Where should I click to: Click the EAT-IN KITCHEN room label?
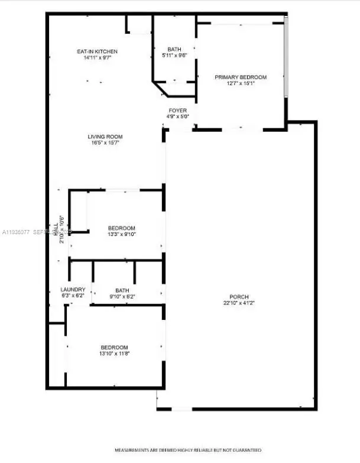click(x=98, y=51)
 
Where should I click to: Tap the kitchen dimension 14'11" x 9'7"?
click(x=98, y=58)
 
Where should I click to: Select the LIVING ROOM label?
click(x=106, y=137)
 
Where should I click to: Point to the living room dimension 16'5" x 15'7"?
click(x=106, y=143)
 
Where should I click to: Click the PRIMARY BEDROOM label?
click(x=241, y=77)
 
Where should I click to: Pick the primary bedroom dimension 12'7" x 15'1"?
click(x=241, y=84)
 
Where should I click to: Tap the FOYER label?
click(x=178, y=111)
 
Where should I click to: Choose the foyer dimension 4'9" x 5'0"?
click(x=178, y=116)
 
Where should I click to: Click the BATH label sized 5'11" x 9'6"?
click(x=174, y=50)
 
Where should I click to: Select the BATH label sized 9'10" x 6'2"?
click(x=122, y=290)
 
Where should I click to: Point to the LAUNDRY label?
click(x=73, y=290)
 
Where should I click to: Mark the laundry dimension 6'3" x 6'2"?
click(x=73, y=296)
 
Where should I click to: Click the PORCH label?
click(x=240, y=296)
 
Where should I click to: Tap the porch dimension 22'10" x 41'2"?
click(x=240, y=303)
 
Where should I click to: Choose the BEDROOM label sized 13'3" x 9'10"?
click(x=122, y=228)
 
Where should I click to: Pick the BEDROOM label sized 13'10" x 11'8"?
click(x=114, y=347)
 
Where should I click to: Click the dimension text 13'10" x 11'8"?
click(x=114, y=354)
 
